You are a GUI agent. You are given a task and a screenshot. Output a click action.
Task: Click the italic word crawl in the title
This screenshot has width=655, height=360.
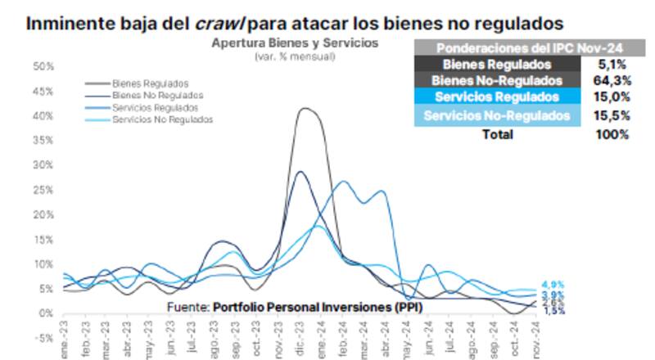pos(217,23)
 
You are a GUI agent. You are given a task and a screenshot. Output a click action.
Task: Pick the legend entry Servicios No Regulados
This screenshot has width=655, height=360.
pos(162,119)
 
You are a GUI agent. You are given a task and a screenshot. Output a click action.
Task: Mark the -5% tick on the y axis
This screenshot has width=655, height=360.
pos(43,338)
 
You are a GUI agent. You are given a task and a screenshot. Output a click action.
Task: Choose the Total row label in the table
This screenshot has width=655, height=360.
pos(497,133)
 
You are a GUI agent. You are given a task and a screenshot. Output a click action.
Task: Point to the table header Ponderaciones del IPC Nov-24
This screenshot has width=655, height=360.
pos(518,48)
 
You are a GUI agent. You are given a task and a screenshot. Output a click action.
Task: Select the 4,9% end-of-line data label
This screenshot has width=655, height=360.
pos(553,285)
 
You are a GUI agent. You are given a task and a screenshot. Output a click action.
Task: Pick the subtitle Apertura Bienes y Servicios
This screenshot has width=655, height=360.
pos(294,43)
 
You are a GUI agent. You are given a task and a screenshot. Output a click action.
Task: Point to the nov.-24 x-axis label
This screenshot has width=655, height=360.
pos(537,344)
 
